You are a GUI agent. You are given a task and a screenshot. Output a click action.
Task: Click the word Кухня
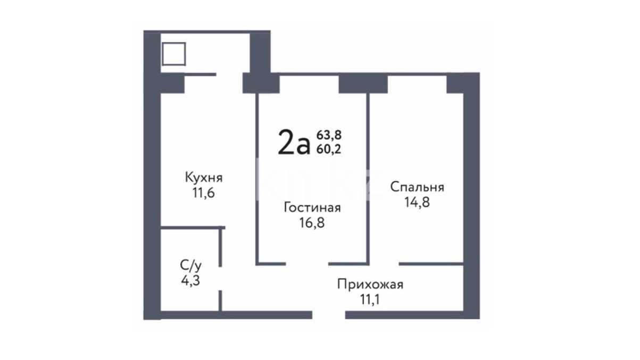click(204, 178)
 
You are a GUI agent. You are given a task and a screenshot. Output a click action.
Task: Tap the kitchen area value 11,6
click(203, 193)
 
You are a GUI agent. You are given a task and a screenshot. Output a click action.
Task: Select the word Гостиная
click(312, 207)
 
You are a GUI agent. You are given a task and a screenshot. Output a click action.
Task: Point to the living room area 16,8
click(312, 223)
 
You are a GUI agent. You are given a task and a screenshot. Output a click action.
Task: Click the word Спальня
click(417, 187)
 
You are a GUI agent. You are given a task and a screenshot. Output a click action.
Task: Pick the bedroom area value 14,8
click(417, 202)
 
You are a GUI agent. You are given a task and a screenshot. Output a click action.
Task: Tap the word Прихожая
click(370, 284)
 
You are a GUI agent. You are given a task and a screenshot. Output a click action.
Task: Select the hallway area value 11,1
click(370, 300)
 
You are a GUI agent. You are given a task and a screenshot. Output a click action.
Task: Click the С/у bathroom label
click(190, 265)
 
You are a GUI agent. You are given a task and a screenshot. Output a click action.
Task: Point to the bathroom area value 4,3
click(190, 280)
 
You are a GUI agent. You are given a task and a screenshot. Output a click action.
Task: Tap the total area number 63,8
click(329, 135)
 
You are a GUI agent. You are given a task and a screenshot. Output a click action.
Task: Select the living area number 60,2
click(329, 149)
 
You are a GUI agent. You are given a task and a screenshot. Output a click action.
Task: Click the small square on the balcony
click(174, 54)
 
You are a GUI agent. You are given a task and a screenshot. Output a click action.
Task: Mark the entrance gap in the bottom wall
click(329, 315)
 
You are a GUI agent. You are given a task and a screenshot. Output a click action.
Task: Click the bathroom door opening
click(220, 279)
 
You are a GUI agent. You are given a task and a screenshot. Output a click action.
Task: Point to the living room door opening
click(307, 264)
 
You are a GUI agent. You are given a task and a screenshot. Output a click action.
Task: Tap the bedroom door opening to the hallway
click(384, 264)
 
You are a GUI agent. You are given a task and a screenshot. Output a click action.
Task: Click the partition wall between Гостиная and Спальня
click(368, 179)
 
